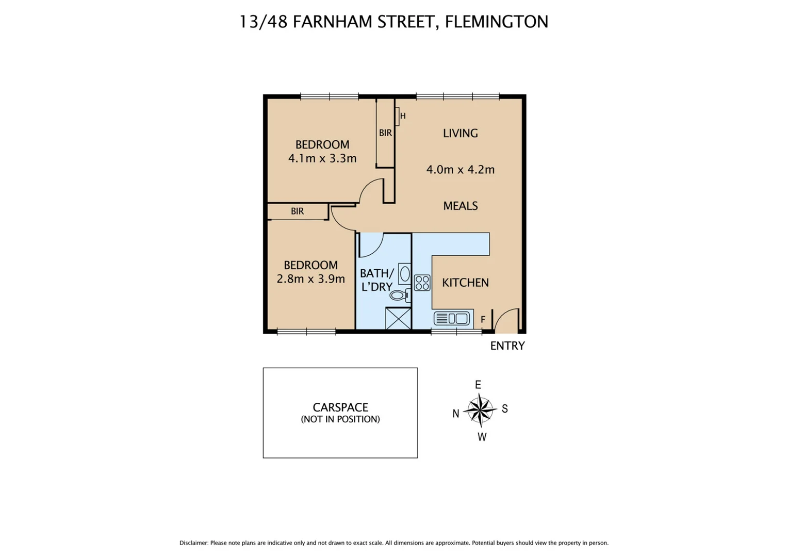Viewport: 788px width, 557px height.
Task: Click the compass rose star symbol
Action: click(x=480, y=410)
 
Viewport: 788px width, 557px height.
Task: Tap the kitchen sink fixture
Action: click(x=453, y=319)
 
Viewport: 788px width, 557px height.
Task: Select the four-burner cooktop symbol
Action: click(x=422, y=283)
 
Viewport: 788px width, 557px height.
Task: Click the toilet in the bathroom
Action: click(x=399, y=296)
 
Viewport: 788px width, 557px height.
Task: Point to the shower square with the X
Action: click(x=398, y=318)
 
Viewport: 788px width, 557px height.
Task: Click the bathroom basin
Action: click(x=405, y=273)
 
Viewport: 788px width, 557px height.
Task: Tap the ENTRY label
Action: click(x=507, y=346)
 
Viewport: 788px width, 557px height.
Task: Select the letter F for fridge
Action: click(x=483, y=320)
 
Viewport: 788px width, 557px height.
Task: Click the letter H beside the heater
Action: click(x=403, y=116)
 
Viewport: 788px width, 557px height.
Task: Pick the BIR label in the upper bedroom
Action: click(x=385, y=133)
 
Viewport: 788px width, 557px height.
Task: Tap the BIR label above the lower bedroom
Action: click(x=297, y=211)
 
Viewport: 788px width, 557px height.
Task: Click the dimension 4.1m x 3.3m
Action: click(x=322, y=158)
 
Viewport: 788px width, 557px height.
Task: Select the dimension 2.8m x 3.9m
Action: click(x=310, y=279)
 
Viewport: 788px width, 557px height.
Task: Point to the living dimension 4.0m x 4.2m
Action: click(x=460, y=170)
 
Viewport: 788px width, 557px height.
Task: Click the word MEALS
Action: click(x=460, y=206)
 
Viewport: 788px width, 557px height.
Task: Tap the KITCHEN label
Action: click(x=465, y=283)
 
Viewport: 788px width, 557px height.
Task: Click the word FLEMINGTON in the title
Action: click(x=496, y=22)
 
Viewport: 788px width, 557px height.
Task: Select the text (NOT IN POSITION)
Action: click(x=340, y=419)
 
